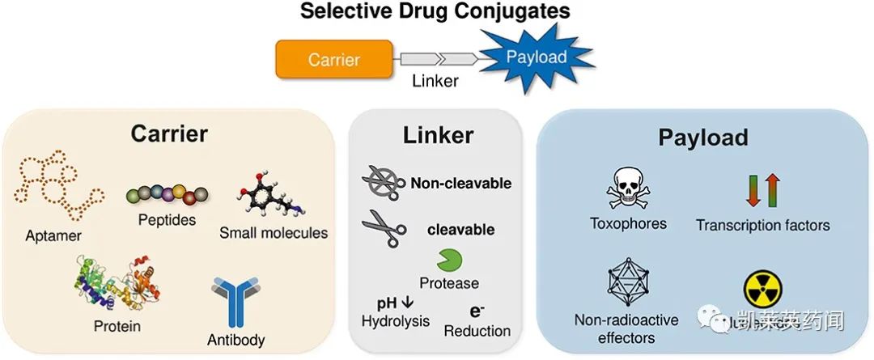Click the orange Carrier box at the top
(x=334, y=59)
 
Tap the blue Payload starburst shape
(x=536, y=57)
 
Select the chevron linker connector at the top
(x=437, y=58)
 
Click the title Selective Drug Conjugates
(x=435, y=11)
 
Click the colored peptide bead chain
(x=167, y=195)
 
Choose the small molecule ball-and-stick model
(x=269, y=194)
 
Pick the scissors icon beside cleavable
(x=382, y=229)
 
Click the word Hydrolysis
(x=395, y=321)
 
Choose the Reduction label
(x=477, y=331)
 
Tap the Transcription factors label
(x=763, y=226)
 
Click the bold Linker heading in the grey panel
(x=438, y=135)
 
